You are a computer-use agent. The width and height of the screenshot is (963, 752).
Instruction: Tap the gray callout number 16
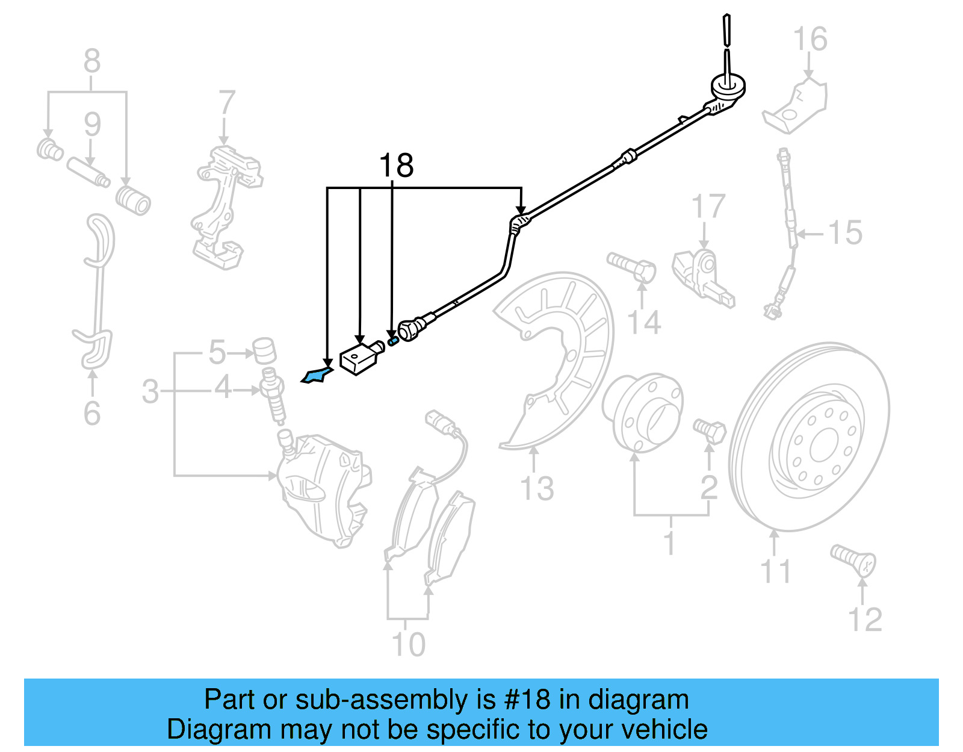click(x=810, y=40)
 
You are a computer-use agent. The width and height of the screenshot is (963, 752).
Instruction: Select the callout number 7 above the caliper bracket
click(x=226, y=104)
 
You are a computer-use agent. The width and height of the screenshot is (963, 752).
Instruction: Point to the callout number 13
click(x=536, y=488)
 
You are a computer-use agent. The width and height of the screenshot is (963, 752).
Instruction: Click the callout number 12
click(x=864, y=620)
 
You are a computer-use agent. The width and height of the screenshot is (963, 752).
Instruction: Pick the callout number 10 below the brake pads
click(x=408, y=645)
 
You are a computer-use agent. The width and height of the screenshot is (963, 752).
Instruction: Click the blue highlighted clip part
click(x=317, y=375)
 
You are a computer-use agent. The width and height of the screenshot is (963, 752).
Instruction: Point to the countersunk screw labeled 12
click(x=853, y=559)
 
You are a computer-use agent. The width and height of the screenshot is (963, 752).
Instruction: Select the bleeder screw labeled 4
click(x=273, y=394)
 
